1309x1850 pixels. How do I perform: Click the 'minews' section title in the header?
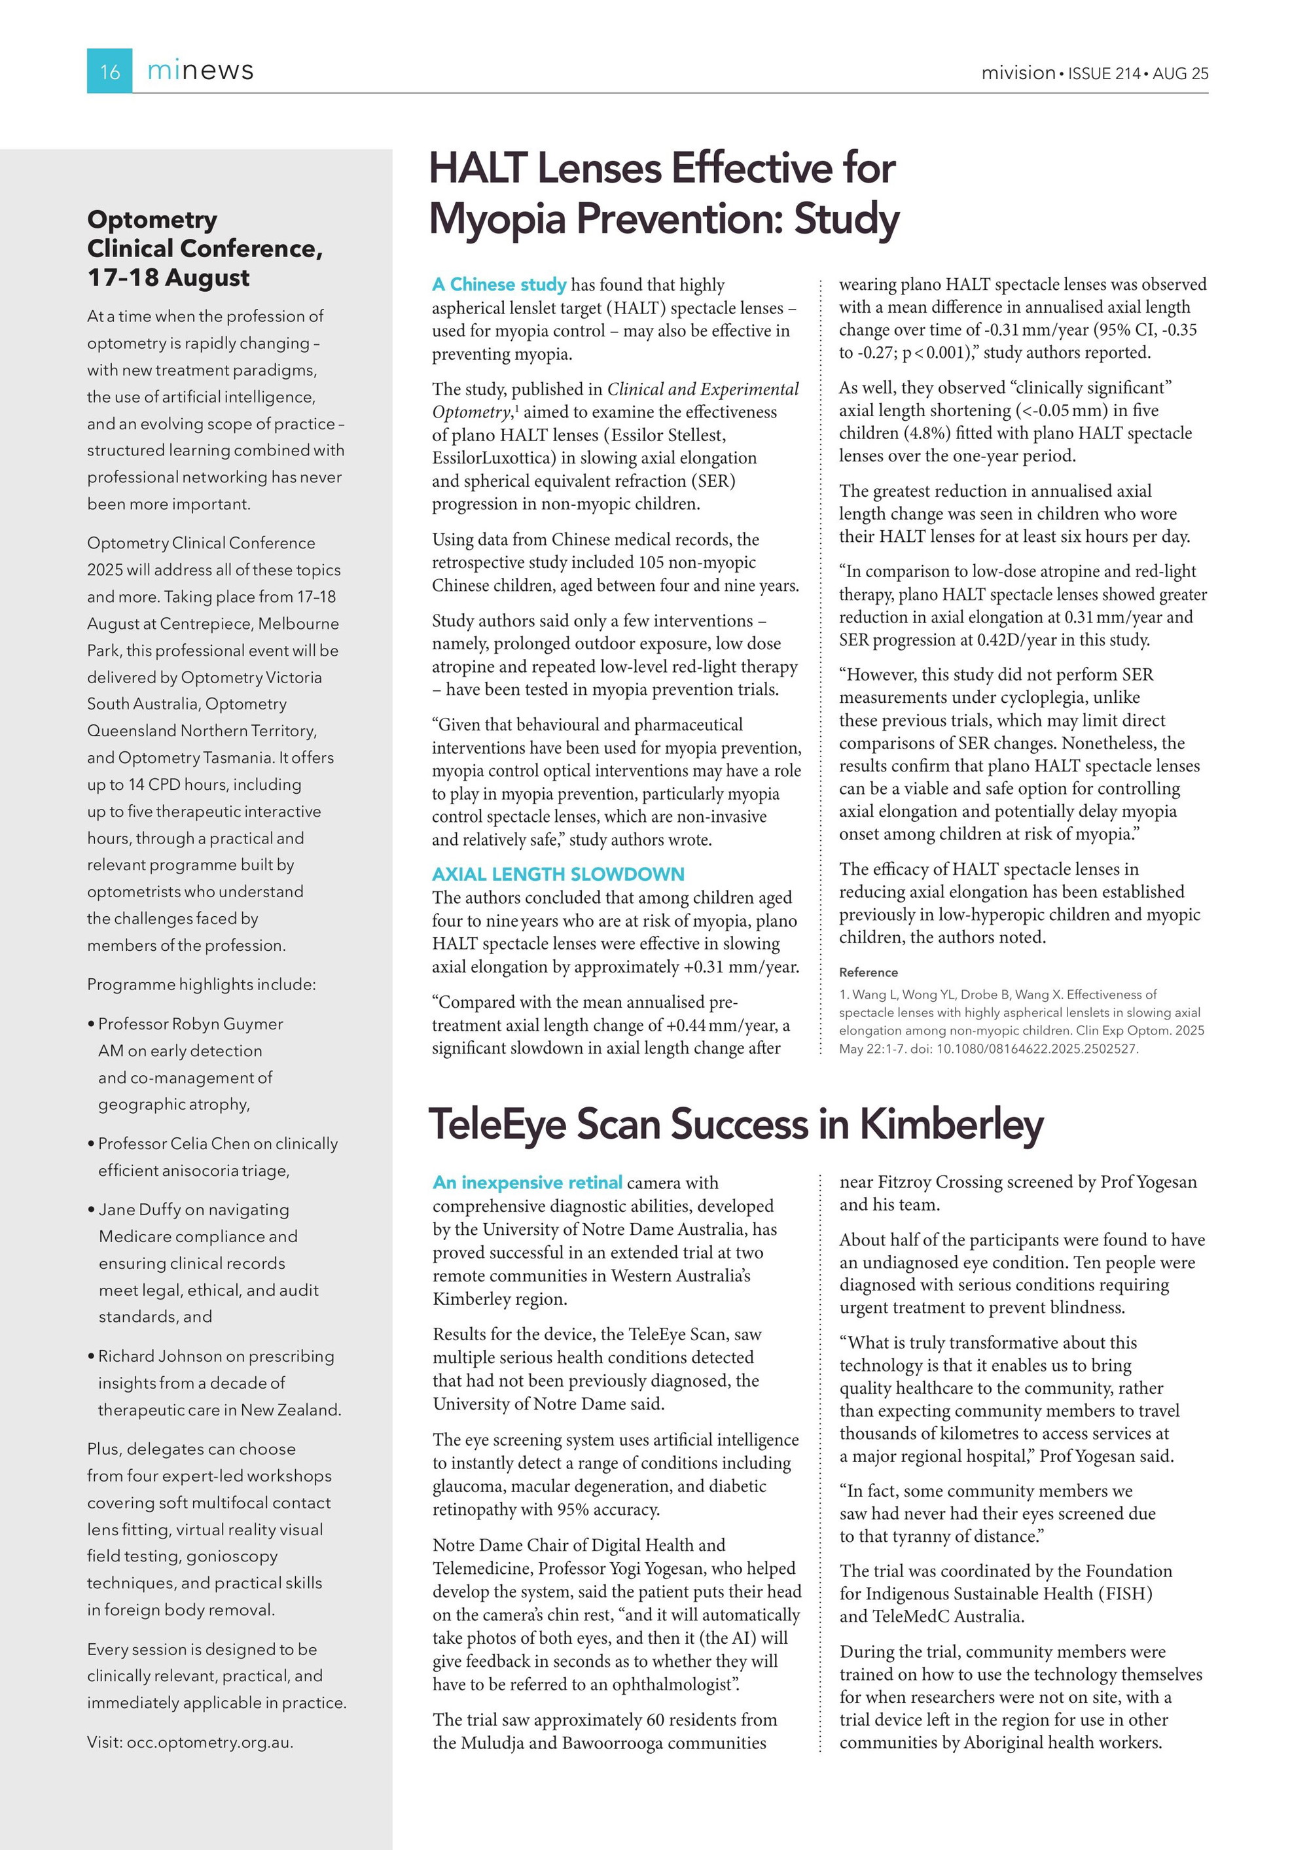(x=200, y=70)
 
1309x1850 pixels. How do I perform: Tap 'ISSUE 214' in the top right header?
(x=1103, y=73)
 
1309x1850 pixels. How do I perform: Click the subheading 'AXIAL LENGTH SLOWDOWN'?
(x=558, y=874)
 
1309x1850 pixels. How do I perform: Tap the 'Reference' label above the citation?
(x=868, y=972)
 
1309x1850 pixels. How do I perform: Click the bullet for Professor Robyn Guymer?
(x=91, y=1024)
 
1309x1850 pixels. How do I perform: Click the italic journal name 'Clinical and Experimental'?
(x=703, y=389)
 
